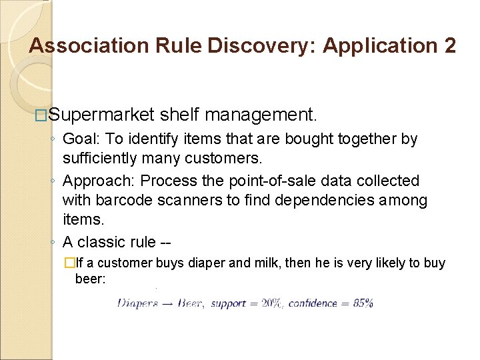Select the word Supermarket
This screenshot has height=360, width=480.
coord(101,115)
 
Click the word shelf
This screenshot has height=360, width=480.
coord(180,115)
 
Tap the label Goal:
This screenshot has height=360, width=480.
coord(80,139)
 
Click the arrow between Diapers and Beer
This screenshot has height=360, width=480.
coord(166,303)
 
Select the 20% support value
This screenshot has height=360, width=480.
coord(271,303)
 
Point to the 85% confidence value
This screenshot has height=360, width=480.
coord(363,303)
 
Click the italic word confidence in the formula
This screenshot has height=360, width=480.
coord(313,303)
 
